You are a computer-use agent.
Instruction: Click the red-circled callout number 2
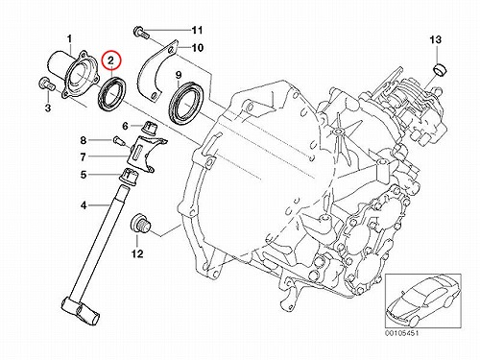110,60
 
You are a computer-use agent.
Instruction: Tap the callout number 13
436,40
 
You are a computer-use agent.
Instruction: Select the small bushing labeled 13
440,70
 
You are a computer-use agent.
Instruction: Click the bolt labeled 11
141,32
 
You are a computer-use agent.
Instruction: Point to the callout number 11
197,31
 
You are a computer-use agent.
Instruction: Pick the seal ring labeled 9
185,103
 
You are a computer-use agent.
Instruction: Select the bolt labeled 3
47,84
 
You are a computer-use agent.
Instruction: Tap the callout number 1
69,39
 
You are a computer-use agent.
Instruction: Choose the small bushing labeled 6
150,128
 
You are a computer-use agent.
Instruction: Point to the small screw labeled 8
118,140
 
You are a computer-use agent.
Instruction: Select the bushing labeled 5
130,176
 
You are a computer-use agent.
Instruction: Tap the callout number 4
84,204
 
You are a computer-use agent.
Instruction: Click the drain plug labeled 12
141,224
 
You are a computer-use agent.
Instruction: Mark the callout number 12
137,253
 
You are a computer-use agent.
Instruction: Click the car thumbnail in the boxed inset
422,300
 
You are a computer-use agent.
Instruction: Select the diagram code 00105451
401,333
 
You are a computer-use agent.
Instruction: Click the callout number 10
198,48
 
